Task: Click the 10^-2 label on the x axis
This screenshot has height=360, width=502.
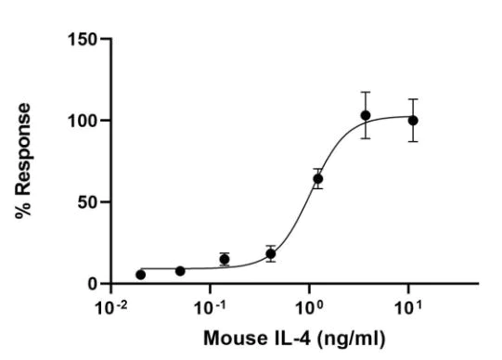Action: pos(112,304)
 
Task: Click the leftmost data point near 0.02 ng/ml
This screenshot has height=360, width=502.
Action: pos(140,275)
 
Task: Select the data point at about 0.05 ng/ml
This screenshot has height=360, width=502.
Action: pos(180,270)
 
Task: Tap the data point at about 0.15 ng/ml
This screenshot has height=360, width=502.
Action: pos(225,259)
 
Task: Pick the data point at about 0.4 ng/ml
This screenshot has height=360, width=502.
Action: pos(270,253)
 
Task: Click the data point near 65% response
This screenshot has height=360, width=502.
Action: pos(317,178)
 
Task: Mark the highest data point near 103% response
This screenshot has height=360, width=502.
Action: pos(366,116)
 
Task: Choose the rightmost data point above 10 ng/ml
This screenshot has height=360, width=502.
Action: pos(413,120)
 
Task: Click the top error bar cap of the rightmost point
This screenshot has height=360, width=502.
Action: pos(413,99)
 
